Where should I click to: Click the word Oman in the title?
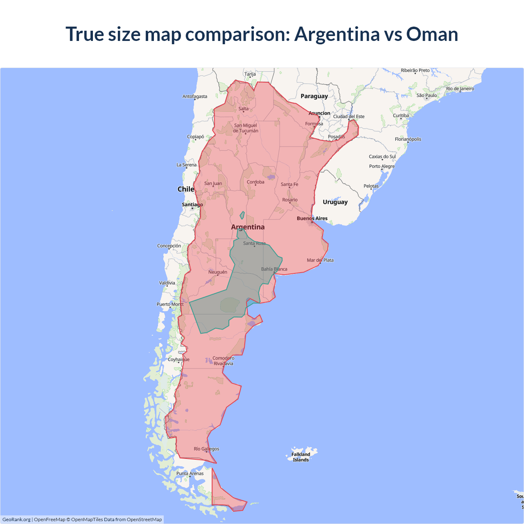[x=432, y=34]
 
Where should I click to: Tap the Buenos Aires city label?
[x=312, y=218]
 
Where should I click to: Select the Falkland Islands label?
[x=301, y=457]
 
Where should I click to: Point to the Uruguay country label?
[x=335, y=202]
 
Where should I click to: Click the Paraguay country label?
[x=314, y=96]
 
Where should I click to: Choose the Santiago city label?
[x=192, y=204]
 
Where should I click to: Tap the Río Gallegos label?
[x=206, y=449]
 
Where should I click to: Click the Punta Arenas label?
[x=190, y=473]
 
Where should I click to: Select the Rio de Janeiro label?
[x=460, y=88]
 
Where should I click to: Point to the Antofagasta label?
[x=195, y=96]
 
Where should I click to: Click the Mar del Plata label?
[x=320, y=260]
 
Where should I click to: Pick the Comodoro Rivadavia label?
[x=223, y=361]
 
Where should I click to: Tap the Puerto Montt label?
[x=170, y=304]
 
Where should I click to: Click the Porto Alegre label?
[x=382, y=166]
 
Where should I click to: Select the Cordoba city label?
[x=255, y=182]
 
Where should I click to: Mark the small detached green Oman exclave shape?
[x=242, y=215]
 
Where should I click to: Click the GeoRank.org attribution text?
[x=16, y=519]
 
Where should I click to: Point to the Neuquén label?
[x=217, y=272]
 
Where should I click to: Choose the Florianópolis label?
[x=408, y=139]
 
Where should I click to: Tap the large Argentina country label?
[x=248, y=227]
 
